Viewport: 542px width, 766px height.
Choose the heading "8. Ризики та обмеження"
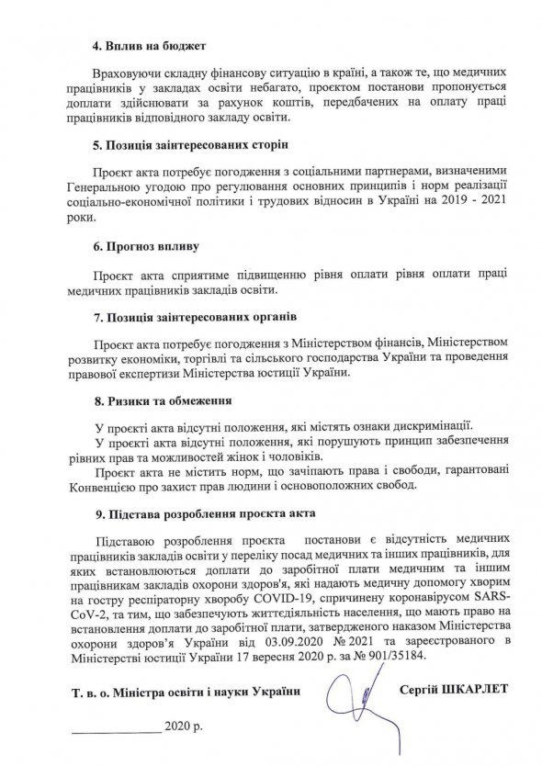tap(158, 402)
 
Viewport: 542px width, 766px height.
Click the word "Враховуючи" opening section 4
tap(128, 72)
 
